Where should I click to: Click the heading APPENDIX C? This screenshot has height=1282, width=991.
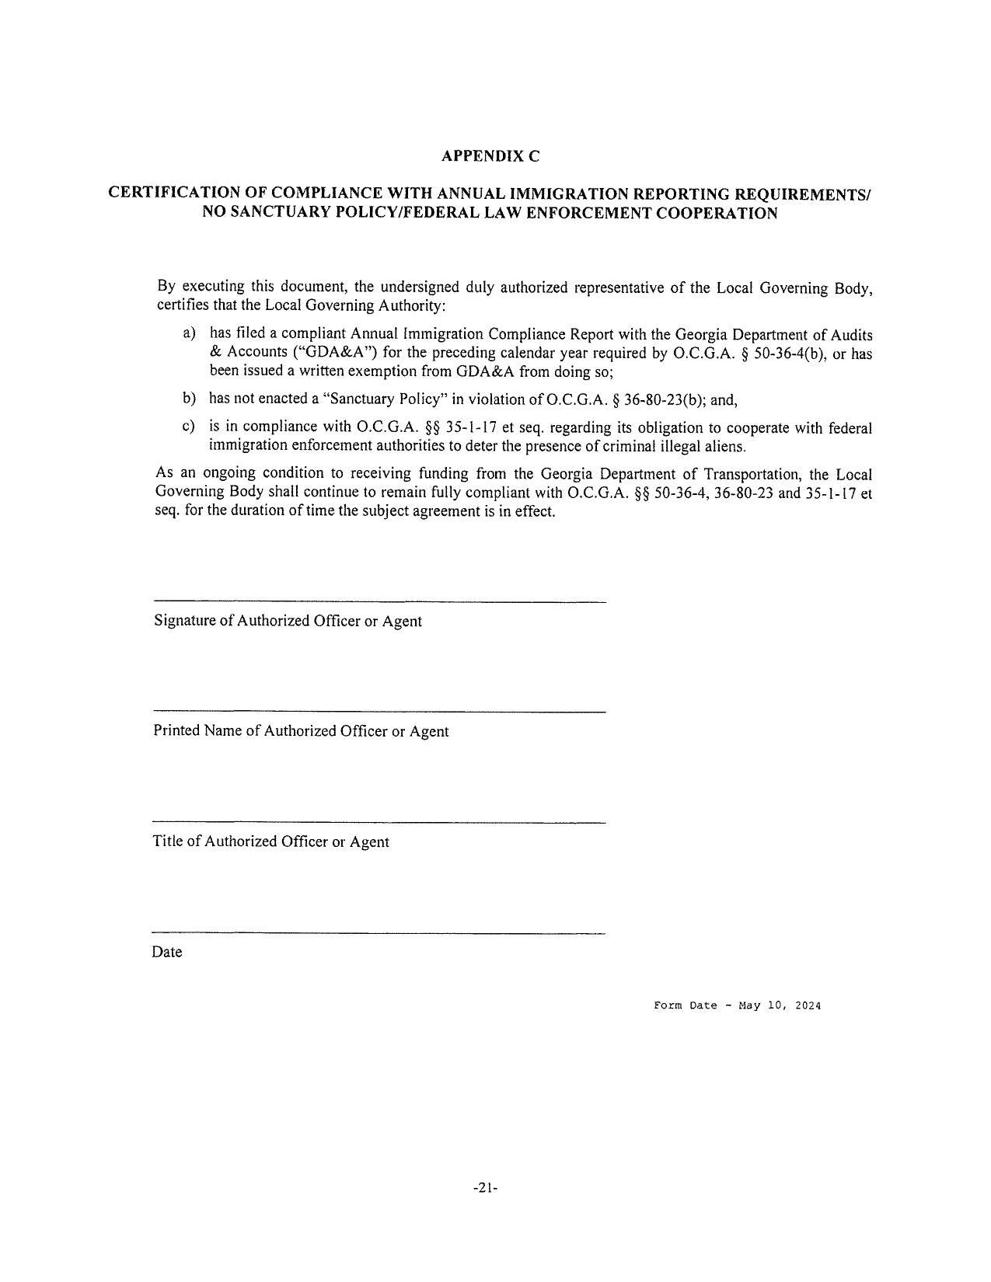pyautogui.click(x=490, y=156)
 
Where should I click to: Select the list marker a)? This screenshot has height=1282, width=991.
pyautogui.click(x=188, y=333)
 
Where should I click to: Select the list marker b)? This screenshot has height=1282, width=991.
pyautogui.click(x=188, y=399)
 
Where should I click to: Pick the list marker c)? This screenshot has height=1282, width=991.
pyautogui.click(x=188, y=427)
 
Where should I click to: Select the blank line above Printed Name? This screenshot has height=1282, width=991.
pyautogui.click(x=379, y=712)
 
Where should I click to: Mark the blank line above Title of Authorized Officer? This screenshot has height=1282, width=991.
pyautogui.click(x=379, y=822)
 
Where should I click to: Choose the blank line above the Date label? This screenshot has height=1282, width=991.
pyautogui.click(x=379, y=932)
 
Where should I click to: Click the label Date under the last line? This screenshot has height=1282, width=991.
pyautogui.click(x=167, y=952)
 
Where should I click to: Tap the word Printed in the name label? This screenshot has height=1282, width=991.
pyautogui.click(x=176, y=731)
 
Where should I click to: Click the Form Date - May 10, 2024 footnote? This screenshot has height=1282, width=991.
pyautogui.click(x=737, y=1005)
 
